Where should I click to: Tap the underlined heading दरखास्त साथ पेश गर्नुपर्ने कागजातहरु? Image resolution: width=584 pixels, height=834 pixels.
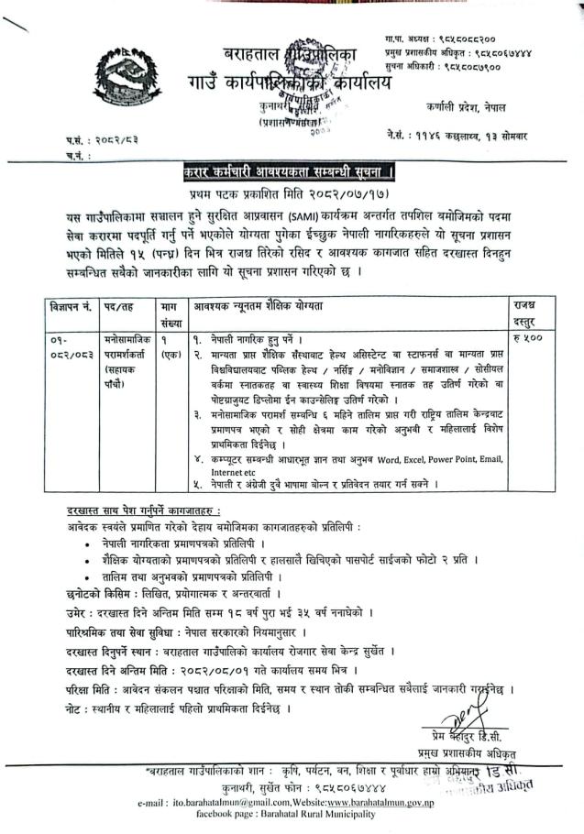point(142,510)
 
